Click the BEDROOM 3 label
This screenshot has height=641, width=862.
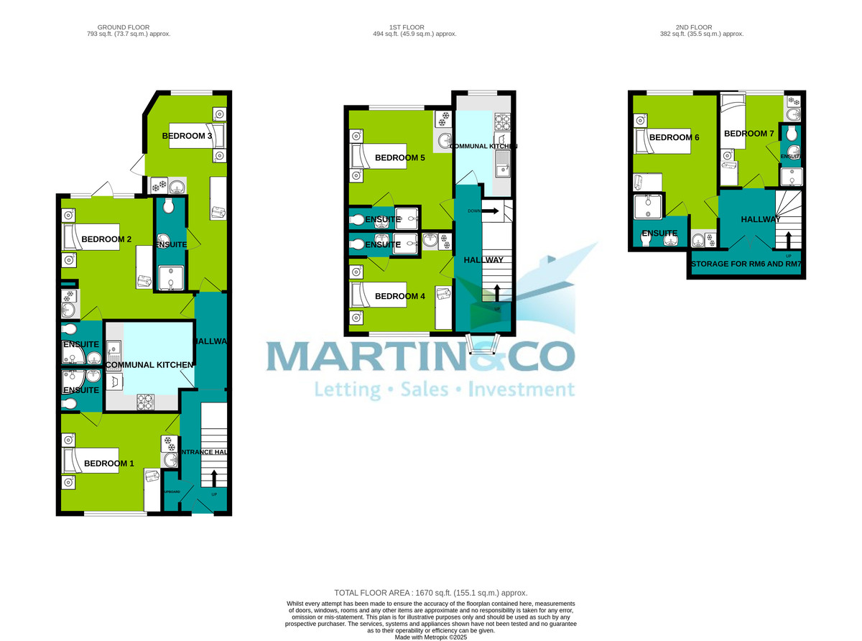tap(187, 136)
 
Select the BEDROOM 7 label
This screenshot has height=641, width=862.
tap(749, 134)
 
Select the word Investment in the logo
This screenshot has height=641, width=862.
tap(521, 390)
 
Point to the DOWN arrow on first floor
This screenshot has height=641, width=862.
tap(491, 211)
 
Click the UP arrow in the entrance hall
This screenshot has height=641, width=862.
tap(214, 478)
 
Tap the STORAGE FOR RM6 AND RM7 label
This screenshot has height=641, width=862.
tap(746, 264)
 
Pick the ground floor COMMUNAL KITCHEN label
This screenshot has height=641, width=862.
tap(149, 365)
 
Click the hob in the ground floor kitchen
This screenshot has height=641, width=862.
tap(146, 402)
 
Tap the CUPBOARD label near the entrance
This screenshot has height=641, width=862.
tap(171, 492)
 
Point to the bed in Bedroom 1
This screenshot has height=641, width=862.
tap(93, 463)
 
